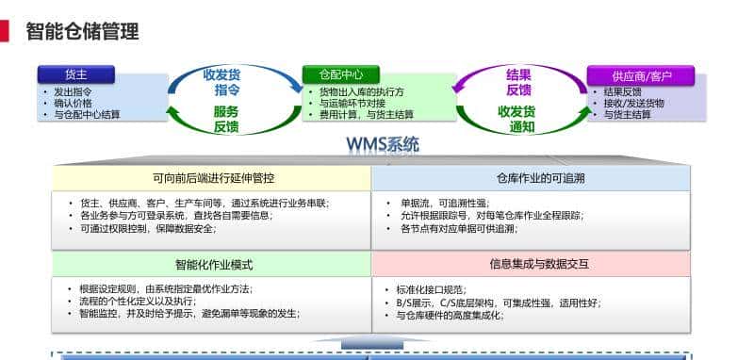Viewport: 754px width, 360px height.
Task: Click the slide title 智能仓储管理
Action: pyautogui.click(x=82, y=32)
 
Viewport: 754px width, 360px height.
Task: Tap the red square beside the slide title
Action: pyautogui.click(x=5, y=32)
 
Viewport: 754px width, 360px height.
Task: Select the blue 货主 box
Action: pyautogui.click(x=75, y=74)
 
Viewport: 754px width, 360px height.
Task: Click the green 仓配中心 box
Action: pyautogui.click(x=340, y=74)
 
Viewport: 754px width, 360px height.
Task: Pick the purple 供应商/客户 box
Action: pyautogui.click(x=640, y=74)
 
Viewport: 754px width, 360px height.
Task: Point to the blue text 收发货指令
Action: pyautogui.click(x=222, y=82)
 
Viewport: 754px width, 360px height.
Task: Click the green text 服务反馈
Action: pyautogui.click(x=225, y=119)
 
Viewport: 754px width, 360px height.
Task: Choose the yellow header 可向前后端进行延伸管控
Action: pyautogui.click(x=211, y=177)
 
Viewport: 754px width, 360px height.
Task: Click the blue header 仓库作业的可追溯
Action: pyautogui.click(x=532, y=177)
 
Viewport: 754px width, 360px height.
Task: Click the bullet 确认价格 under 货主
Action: pyautogui.click(x=73, y=103)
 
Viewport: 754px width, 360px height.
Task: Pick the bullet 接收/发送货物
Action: pyautogui.click(x=633, y=103)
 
